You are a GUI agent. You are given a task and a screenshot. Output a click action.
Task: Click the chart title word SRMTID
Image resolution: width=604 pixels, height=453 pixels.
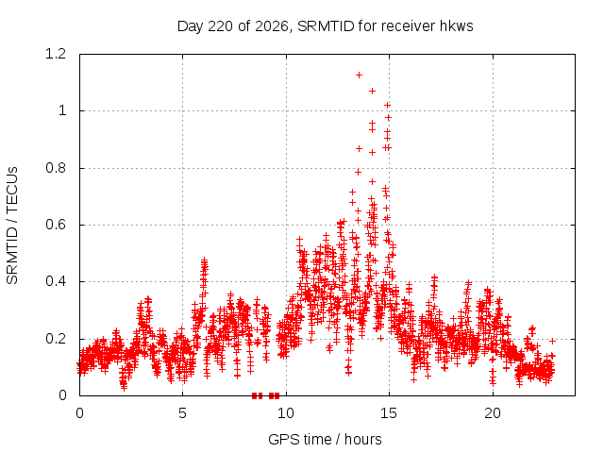[x=326, y=26]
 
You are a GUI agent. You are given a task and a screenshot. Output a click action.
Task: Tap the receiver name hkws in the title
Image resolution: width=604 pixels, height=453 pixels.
[x=456, y=26]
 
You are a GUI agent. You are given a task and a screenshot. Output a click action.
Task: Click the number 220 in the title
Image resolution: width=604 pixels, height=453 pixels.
[x=220, y=26]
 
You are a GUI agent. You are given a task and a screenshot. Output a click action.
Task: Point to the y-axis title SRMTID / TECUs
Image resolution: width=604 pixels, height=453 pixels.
[x=12, y=226]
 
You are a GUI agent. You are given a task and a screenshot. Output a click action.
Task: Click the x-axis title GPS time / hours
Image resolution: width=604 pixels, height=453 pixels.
[x=325, y=439]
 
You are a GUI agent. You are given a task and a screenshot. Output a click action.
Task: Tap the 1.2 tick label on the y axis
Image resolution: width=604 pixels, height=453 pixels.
[x=56, y=54]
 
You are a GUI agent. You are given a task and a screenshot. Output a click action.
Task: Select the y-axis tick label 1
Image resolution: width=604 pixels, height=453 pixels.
[x=62, y=111]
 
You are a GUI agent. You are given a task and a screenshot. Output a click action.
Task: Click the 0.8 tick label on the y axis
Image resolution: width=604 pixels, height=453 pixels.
[x=56, y=168]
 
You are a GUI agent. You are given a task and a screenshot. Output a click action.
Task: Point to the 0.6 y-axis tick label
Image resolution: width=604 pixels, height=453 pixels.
[x=56, y=225]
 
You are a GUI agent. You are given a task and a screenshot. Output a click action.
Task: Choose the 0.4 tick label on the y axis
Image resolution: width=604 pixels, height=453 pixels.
[x=56, y=281]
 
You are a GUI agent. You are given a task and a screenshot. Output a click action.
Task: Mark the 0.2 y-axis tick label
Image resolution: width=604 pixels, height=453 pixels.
[x=56, y=339]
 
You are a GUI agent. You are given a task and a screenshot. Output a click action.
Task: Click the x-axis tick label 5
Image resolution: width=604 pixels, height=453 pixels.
[x=182, y=413]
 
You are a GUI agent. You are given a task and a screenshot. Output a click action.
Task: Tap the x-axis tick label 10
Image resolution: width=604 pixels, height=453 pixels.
[x=286, y=413]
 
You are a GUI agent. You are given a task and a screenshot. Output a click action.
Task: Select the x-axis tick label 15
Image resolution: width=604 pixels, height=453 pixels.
[x=389, y=413]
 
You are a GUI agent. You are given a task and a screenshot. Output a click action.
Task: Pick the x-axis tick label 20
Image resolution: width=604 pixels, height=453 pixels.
[x=493, y=413]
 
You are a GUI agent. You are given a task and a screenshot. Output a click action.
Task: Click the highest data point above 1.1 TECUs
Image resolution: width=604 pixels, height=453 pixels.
[x=359, y=75]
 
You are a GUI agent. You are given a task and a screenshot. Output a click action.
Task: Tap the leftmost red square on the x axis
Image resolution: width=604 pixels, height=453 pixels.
[x=254, y=395]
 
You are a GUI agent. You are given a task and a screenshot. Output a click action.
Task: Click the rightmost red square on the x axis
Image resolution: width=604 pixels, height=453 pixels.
[x=277, y=395]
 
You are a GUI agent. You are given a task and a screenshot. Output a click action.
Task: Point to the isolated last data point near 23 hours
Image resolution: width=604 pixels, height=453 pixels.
[x=552, y=341]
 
